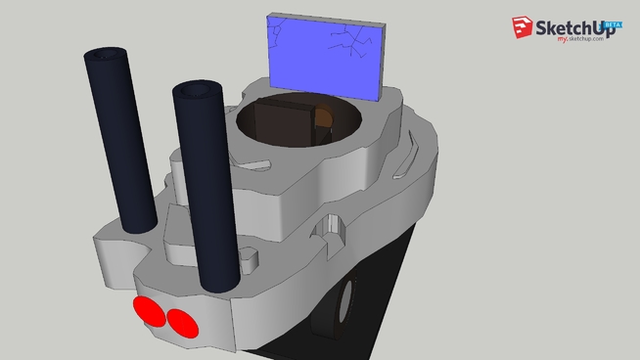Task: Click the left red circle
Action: (150, 312)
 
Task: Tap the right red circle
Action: (180, 321)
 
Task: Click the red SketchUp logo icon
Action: (520, 29)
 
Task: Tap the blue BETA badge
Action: (614, 23)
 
